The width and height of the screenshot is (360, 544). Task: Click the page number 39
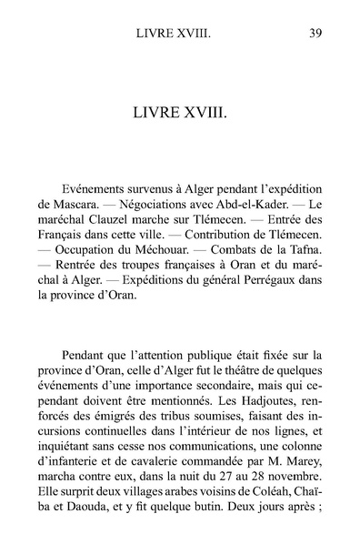[313, 35]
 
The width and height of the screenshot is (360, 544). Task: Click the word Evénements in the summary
[101, 179]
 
